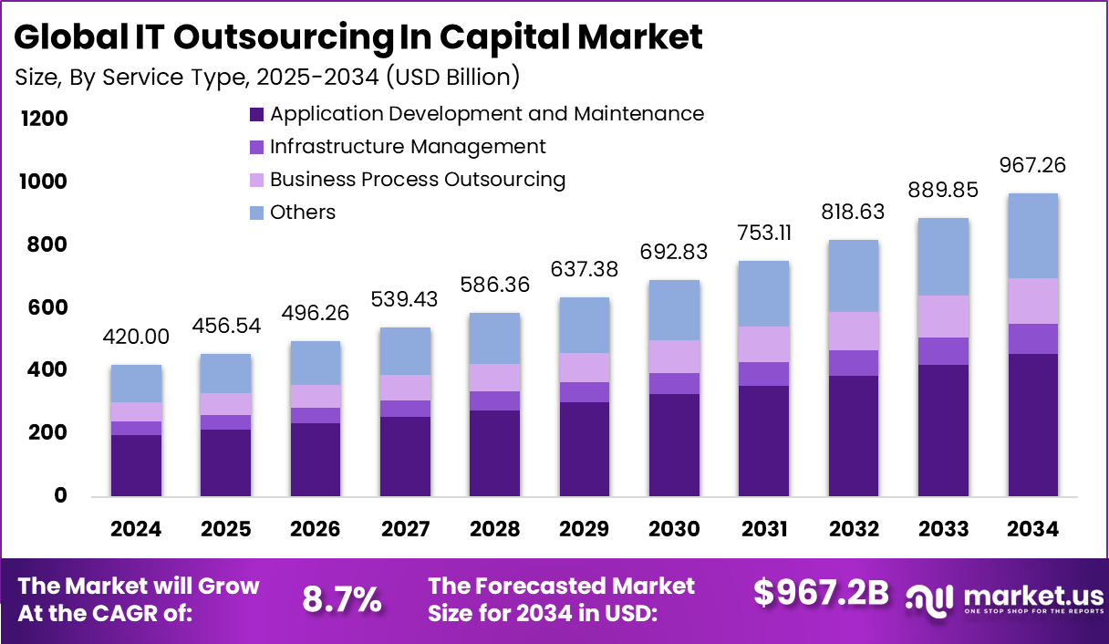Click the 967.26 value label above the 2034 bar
click(1032, 166)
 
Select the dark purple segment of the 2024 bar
click(136, 465)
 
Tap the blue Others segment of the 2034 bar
click(1032, 235)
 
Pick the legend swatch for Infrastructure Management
click(256, 147)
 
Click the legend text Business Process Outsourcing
click(418, 180)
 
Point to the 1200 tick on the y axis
click(42, 119)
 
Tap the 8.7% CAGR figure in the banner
click(341, 599)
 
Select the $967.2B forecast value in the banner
click(821, 592)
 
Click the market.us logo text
click(1031, 596)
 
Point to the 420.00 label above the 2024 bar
click(136, 338)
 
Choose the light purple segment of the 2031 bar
click(764, 344)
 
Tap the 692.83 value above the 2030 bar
click(675, 253)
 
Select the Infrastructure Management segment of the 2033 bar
click(943, 351)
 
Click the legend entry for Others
click(303, 213)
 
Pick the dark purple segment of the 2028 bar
click(495, 452)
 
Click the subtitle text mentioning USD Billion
click(267, 78)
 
